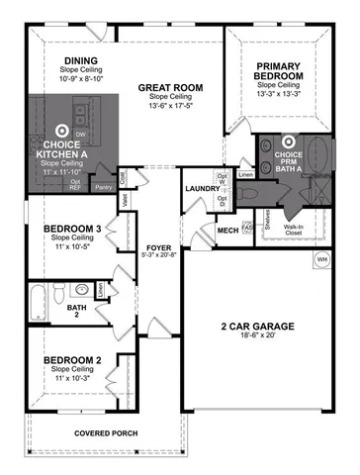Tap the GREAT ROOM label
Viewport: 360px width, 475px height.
164,87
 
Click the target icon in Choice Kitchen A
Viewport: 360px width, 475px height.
60,128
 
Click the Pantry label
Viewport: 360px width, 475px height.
102,185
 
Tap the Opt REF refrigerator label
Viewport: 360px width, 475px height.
75,184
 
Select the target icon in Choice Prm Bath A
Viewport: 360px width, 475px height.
290,143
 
